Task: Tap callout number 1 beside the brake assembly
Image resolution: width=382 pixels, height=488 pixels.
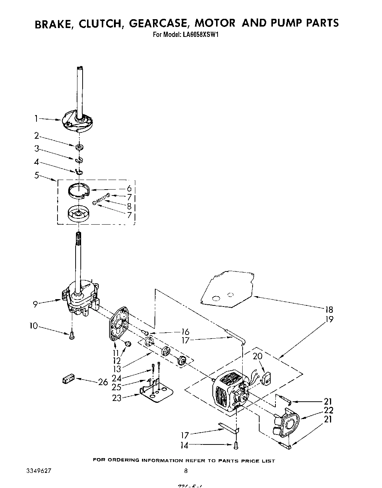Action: click(x=36, y=118)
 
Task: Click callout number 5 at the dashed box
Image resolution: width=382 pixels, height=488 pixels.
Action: click(x=37, y=175)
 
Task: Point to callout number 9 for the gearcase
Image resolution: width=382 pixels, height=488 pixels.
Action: click(x=35, y=304)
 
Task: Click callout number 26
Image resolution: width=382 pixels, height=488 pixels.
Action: click(x=103, y=382)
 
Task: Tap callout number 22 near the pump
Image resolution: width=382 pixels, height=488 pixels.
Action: click(x=329, y=410)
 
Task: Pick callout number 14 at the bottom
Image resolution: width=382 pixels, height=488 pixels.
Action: click(x=184, y=446)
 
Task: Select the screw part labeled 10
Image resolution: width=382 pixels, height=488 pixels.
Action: click(x=72, y=335)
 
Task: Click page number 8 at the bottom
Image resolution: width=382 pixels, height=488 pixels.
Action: click(x=186, y=471)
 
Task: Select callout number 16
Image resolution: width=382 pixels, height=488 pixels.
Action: click(x=185, y=332)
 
